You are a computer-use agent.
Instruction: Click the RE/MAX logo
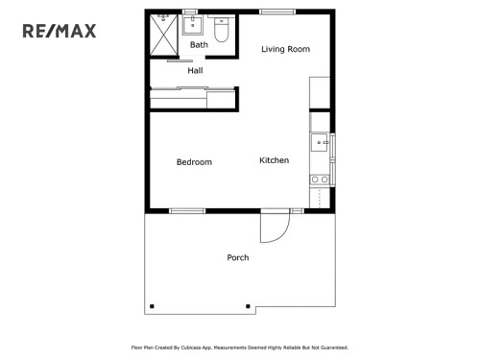[60, 32]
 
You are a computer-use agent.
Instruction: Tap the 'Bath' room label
[199, 45]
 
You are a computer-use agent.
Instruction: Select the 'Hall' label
[195, 70]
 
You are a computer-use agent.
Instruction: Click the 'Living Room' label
[286, 49]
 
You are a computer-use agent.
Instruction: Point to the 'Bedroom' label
[194, 162]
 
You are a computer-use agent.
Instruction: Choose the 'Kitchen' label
[275, 160]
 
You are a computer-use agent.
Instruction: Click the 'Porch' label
[238, 257]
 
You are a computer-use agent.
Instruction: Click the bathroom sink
[194, 24]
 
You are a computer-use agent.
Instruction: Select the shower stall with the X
[164, 36]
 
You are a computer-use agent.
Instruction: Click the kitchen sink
[320, 144]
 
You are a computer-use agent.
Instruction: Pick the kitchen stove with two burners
[320, 179]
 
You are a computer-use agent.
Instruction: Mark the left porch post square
[151, 307]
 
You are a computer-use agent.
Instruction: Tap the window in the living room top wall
[276, 12]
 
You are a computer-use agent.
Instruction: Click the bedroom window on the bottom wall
[186, 210]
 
